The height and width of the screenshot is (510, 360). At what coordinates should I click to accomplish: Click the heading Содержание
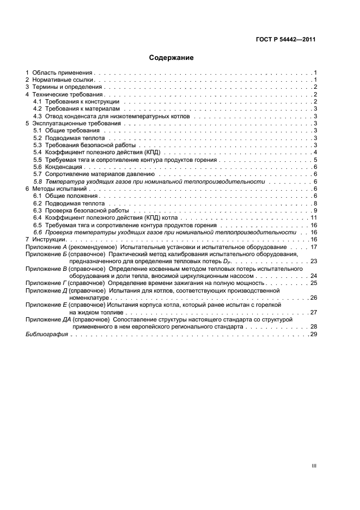pyautogui.click(x=171, y=57)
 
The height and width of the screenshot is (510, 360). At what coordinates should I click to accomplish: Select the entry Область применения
pyautogui.click(x=63, y=72)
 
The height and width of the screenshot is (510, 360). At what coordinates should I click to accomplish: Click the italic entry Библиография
pyautogui.click(x=47, y=334)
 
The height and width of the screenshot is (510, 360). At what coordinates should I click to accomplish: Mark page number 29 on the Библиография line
pyautogui.click(x=314, y=334)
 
